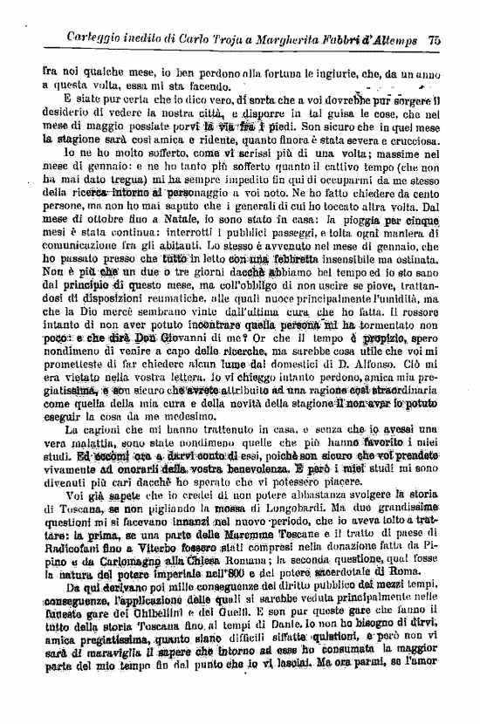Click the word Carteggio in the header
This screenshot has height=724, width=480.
pyautogui.click(x=96, y=39)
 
